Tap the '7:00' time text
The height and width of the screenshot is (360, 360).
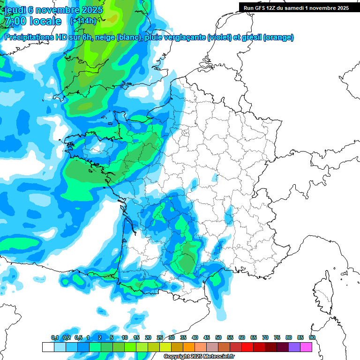15,21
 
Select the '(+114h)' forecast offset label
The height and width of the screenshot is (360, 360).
83,21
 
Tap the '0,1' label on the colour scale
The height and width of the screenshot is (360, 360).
54,338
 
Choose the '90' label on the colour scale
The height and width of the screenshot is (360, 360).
312,338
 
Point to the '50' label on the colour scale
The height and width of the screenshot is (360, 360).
218,338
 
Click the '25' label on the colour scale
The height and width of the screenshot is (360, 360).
160,338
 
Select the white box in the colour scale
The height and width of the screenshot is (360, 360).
48,347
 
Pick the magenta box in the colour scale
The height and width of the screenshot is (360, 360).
306,347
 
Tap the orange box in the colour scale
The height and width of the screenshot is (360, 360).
189,347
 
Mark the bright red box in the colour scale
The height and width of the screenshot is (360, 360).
247,347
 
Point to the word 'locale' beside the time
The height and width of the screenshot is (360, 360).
45,21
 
